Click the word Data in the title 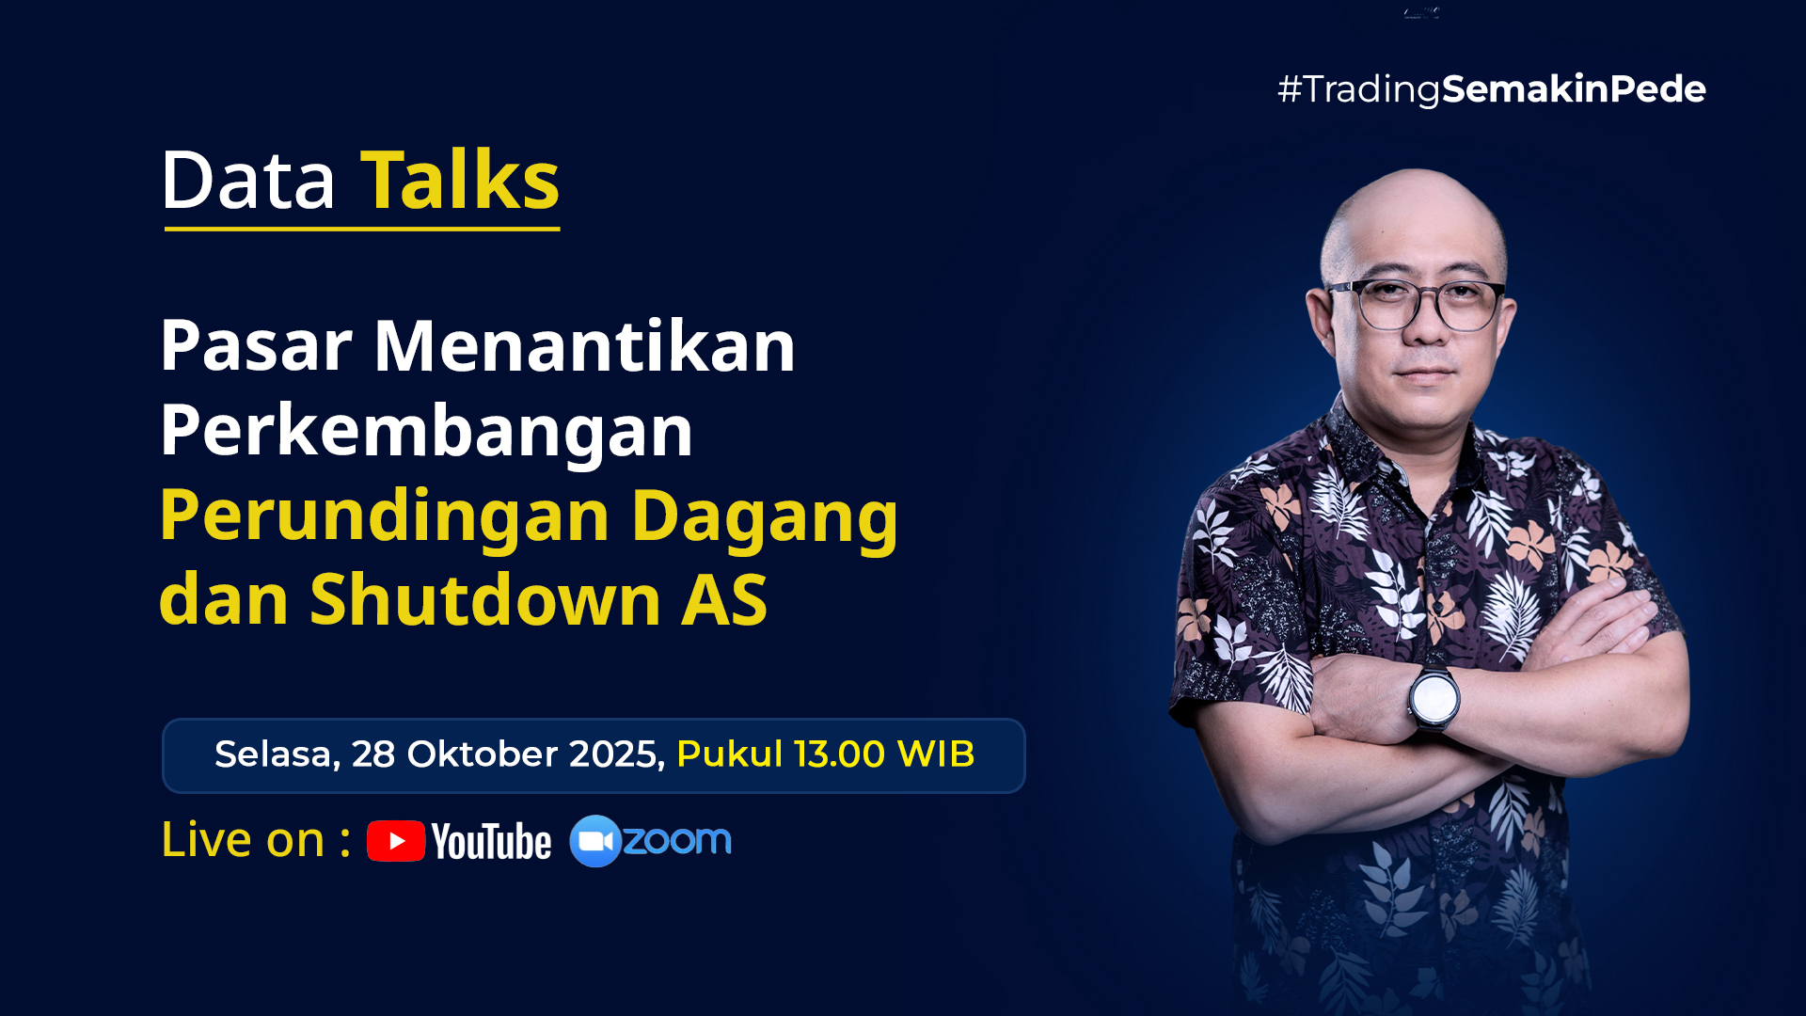(x=248, y=180)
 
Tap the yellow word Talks (x=460, y=179)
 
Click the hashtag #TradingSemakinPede (x=1492, y=89)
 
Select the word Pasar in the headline (x=256, y=346)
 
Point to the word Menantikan (x=585, y=345)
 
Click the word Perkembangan (x=426, y=432)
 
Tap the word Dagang (x=765, y=516)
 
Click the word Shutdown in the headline (x=485, y=599)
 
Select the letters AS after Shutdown (x=724, y=600)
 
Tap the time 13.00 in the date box (x=839, y=754)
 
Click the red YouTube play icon (x=396, y=841)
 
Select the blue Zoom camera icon (x=595, y=841)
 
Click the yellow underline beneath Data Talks (x=362, y=228)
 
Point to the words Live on (x=244, y=839)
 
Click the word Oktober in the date (x=483, y=754)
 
